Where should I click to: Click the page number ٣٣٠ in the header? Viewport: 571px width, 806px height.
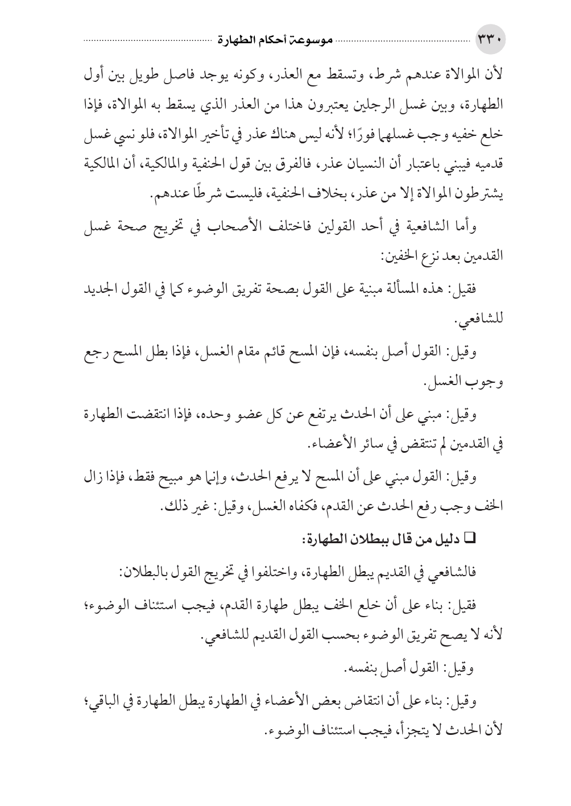coord(490,41)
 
